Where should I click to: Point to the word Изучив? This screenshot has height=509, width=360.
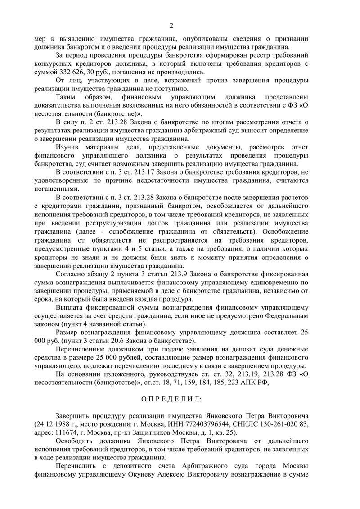click(68, 147)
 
